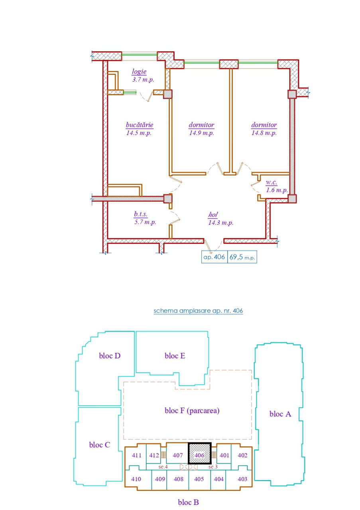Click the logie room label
coord(139,72)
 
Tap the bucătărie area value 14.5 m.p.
coord(139,133)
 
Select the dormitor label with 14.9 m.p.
coord(201,125)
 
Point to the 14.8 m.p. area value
coord(264,133)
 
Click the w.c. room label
coord(271,182)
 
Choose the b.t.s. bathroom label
coord(141,214)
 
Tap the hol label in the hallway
coord(213,214)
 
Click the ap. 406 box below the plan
coord(214,257)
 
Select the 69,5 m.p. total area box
coord(242,257)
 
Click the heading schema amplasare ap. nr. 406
coord(198,311)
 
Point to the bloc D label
coord(110,356)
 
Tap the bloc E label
coord(175,356)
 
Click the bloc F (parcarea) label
coord(192,410)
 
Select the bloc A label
coord(280,414)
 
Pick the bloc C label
coord(100,445)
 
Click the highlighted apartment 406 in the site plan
coord(199,453)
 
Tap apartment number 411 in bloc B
coord(136,455)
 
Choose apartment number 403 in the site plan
coord(242,479)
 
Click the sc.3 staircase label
coord(213,467)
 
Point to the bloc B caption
coord(188,502)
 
